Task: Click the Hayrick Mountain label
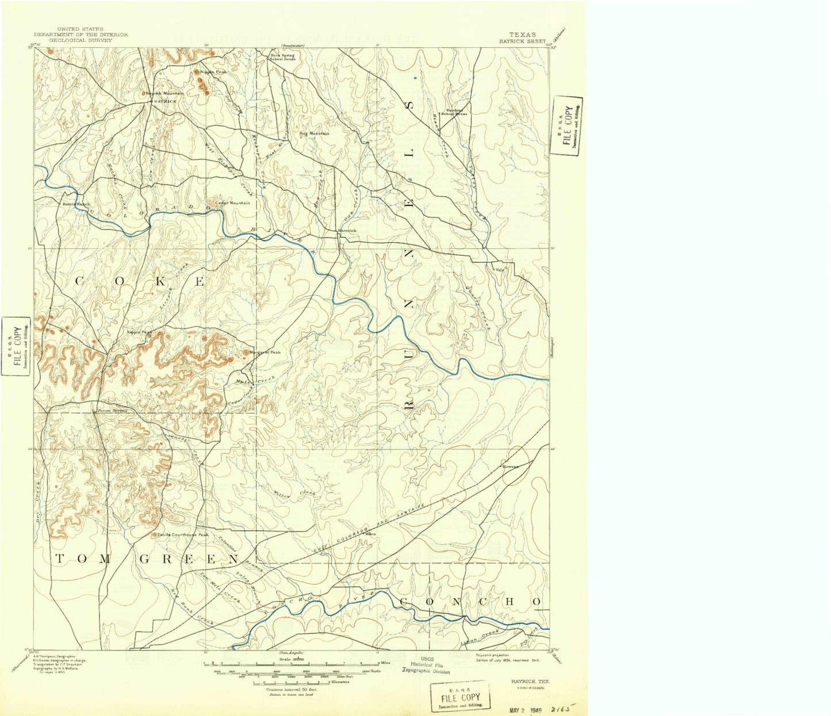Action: pyautogui.click(x=165, y=93)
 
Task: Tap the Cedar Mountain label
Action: pyautogui.click(x=232, y=202)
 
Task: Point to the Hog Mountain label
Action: pyautogui.click(x=314, y=133)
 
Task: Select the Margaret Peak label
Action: pyautogui.click(x=265, y=353)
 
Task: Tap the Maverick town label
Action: pyautogui.click(x=347, y=230)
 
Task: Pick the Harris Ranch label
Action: pyautogui.click(x=76, y=204)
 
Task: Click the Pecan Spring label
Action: pyautogui.click(x=112, y=411)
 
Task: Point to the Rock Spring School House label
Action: pyautogui.click(x=283, y=58)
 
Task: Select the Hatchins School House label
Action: pyautogui.click(x=454, y=112)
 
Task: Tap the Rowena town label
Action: pyautogui.click(x=511, y=466)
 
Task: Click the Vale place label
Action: pyautogui.click(x=499, y=269)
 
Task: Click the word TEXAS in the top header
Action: pyautogui.click(x=522, y=35)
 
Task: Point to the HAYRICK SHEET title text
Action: pyautogui.click(x=522, y=41)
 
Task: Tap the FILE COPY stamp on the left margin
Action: pyautogui.click(x=16, y=346)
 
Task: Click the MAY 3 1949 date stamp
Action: pyautogui.click(x=525, y=710)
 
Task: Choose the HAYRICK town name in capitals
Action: pyautogui.click(x=165, y=101)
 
